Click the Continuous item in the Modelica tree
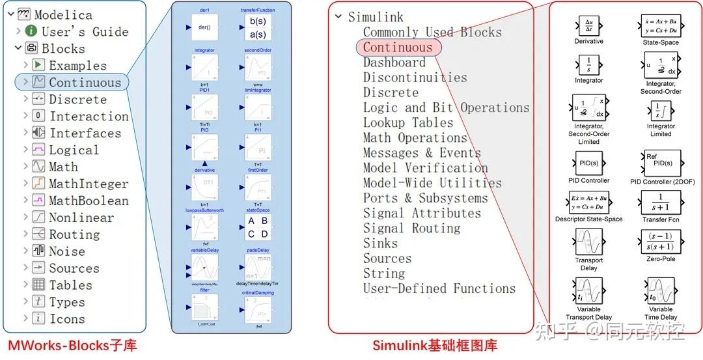click(85, 83)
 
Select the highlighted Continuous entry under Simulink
click(398, 48)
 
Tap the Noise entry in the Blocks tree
click(66, 251)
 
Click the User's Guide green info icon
click(31, 31)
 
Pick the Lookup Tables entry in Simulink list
click(408, 123)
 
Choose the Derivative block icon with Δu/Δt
click(588, 26)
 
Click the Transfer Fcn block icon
click(661, 202)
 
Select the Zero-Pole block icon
click(661, 242)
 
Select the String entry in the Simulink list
click(384, 273)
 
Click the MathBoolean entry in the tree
click(89, 201)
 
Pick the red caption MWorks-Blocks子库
click(72, 345)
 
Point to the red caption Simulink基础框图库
click(435, 346)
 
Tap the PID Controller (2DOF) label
click(661, 182)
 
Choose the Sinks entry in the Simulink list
click(380, 243)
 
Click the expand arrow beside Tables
click(25, 285)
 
